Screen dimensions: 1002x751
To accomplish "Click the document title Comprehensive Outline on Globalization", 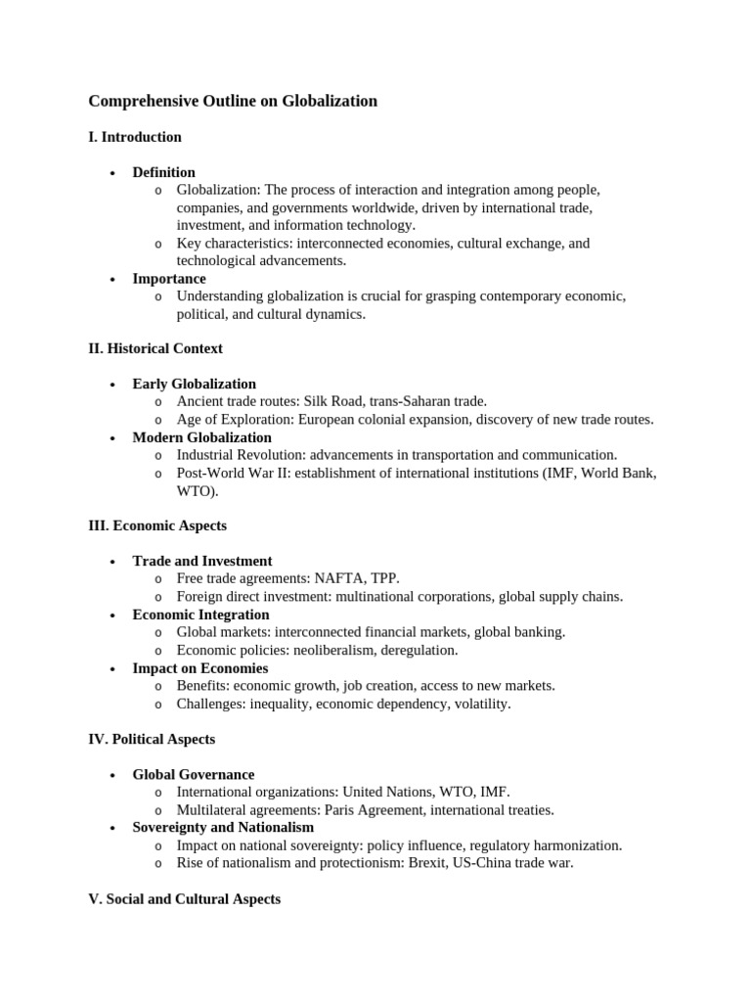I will point(233,101).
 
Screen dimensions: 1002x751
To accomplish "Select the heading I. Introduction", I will point(135,137).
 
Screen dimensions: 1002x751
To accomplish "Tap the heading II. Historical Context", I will point(155,348).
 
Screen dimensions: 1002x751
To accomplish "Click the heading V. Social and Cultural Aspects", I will point(184,898).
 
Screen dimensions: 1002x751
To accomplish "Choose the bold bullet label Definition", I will point(163,172).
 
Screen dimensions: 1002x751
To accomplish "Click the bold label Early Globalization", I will point(194,384).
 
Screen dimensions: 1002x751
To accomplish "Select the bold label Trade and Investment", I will point(201,561).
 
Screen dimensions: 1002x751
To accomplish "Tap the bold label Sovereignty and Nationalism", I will point(223,827).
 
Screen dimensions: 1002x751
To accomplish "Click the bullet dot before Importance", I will point(112,279).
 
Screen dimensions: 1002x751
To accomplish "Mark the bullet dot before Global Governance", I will point(112,775).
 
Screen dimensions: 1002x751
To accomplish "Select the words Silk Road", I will point(333,401).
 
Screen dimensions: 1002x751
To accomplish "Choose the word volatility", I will point(479,704).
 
